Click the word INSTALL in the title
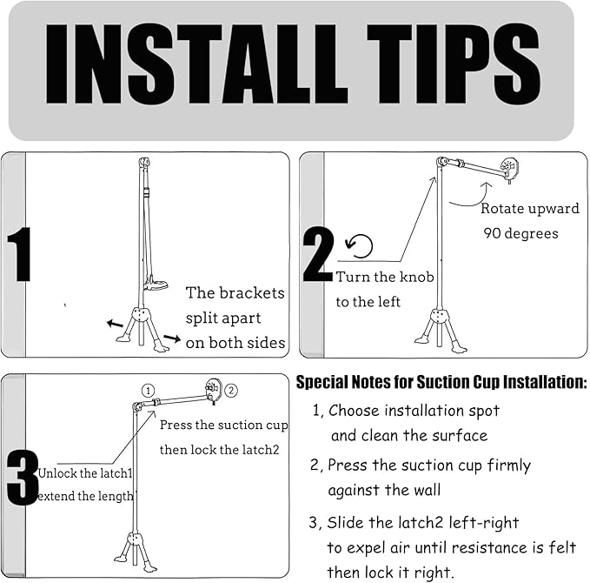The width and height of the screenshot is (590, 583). click(196, 64)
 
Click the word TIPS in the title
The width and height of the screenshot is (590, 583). click(454, 64)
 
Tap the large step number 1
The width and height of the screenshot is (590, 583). click(19, 254)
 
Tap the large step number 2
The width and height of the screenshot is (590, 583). click(318, 254)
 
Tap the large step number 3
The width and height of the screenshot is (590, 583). click(23, 479)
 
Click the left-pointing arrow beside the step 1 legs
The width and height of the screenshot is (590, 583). click(116, 324)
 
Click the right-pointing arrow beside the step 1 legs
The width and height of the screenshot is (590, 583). click(172, 338)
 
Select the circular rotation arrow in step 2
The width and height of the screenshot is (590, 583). click(360, 246)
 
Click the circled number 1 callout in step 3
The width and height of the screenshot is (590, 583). click(149, 391)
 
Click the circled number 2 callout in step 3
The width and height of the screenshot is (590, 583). click(231, 391)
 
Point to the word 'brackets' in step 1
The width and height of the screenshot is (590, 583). click(252, 293)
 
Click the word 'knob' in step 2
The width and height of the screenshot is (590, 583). click(417, 277)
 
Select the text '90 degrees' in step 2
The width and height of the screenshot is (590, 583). click(520, 234)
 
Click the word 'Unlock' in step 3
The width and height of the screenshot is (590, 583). click(56, 473)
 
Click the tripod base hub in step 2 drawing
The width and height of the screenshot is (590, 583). click(439, 316)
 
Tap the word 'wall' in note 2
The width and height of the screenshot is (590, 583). click(427, 490)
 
